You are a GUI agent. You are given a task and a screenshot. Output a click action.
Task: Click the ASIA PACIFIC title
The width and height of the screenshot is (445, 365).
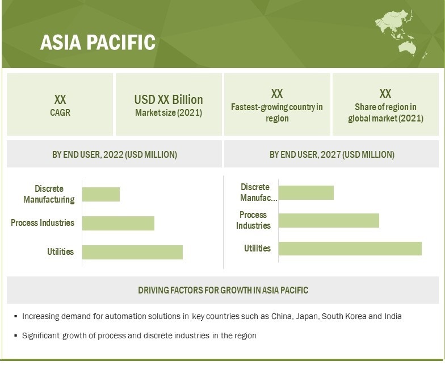click(98, 42)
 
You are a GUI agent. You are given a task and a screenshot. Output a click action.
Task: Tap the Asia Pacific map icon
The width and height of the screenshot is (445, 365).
click(401, 33)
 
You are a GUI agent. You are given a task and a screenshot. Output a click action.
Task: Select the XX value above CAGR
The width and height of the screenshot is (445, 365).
click(60, 100)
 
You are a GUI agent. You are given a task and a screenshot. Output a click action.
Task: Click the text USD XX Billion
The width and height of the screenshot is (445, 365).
click(169, 100)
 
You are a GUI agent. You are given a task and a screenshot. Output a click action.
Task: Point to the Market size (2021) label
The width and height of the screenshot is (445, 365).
click(169, 112)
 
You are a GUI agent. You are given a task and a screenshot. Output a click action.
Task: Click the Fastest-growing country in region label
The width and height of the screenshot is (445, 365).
click(277, 112)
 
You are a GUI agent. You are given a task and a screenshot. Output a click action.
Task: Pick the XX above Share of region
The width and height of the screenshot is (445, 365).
click(385, 94)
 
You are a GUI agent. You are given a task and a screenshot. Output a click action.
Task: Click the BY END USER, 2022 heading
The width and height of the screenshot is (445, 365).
click(115, 154)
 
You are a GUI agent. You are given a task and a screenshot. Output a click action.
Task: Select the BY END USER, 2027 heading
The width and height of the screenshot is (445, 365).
click(331, 154)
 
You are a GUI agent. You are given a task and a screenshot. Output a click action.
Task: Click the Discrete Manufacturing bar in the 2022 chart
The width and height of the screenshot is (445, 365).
click(101, 194)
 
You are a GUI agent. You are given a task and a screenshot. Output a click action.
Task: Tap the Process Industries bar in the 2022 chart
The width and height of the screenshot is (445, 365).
click(118, 224)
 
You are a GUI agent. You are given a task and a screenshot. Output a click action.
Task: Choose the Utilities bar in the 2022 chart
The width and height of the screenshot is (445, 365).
click(132, 252)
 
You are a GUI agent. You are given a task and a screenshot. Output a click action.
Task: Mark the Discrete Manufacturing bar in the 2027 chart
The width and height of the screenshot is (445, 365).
click(306, 193)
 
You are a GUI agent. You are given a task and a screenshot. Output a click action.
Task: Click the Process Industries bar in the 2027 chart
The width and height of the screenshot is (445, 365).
click(329, 220)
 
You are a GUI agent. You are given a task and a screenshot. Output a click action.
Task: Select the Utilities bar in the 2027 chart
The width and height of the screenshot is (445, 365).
click(350, 249)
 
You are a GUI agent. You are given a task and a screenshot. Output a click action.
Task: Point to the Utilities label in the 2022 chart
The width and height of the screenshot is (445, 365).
click(60, 252)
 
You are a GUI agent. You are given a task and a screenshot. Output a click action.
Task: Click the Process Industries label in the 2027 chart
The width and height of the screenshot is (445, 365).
click(253, 220)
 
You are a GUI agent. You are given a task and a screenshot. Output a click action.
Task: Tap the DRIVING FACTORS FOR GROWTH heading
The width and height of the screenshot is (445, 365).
click(222, 290)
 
